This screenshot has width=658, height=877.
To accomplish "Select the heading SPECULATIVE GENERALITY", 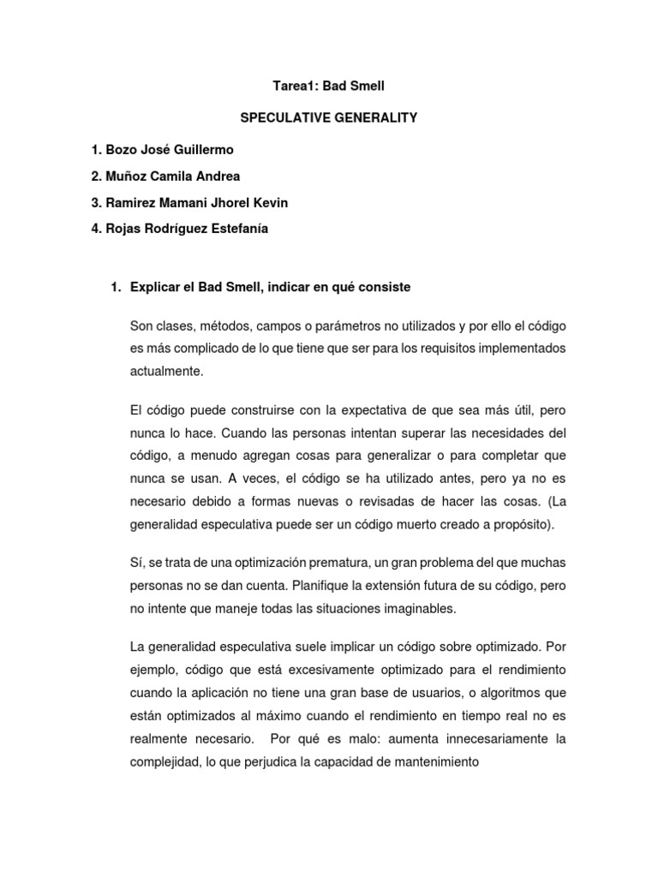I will pyautogui.click(x=328, y=117).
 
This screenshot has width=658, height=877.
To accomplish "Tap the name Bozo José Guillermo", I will pyautogui.click(x=162, y=150).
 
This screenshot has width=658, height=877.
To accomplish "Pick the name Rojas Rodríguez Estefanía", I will pyautogui.click(x=180, y=229).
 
